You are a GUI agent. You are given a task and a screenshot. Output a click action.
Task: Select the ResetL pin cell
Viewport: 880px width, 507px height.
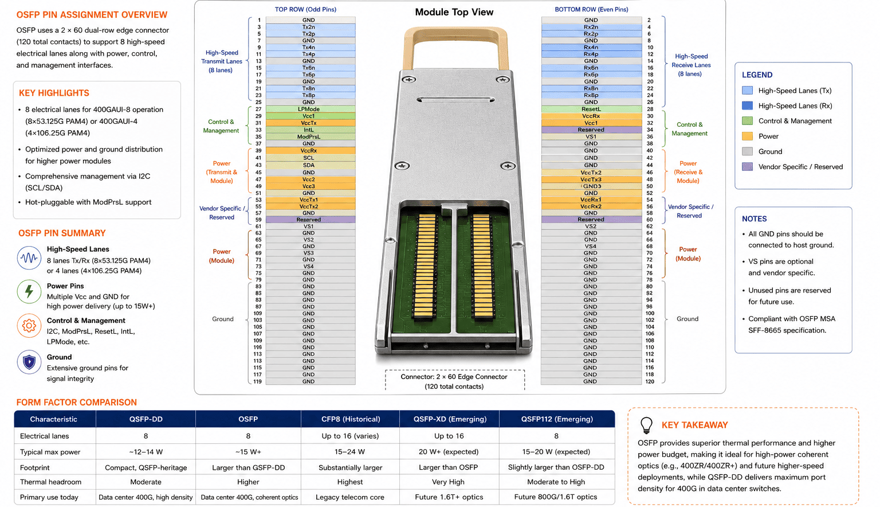click(591, 109)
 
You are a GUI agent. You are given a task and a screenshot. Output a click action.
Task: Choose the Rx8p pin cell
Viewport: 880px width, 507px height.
click(591, 95)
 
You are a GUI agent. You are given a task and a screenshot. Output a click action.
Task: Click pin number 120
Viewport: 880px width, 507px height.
click(650, 381)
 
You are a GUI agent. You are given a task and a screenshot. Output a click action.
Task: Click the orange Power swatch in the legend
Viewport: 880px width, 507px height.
click(747, 136)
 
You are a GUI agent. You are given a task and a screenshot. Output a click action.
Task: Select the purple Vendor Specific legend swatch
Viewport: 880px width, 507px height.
click(747, 166)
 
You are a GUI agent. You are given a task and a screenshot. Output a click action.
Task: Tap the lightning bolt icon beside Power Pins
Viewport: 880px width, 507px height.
click(29, 291)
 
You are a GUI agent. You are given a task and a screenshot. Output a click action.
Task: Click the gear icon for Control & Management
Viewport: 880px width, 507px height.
click(29, 326)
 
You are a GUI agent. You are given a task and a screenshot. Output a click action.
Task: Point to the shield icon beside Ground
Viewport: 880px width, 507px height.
click(29, 362)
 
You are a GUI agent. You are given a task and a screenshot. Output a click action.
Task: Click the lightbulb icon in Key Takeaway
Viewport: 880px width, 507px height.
click(646, 425)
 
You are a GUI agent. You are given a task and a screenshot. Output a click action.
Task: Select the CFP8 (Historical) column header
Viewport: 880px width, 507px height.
click(351, 419)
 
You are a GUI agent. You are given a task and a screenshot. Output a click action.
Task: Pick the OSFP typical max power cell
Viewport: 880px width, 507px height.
click(248, 451)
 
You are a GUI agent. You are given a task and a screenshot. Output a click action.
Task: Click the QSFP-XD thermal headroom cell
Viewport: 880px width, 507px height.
click(449, 482)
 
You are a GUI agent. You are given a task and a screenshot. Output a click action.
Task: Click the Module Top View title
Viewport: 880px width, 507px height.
click(454, 12)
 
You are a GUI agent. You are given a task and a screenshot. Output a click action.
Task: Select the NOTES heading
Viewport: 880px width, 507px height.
click(754, 219)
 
